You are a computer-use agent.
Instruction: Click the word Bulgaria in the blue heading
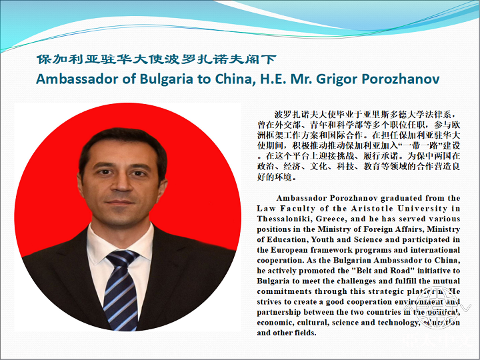tap(167, 79)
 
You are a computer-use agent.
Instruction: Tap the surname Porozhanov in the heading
tap(401, 79)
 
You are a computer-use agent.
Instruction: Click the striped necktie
tap(121, 290)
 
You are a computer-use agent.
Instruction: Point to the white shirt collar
tap(120, 242)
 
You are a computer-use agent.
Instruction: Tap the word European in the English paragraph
tap(289, 251)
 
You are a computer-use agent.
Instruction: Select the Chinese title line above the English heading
tap(157, 59)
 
